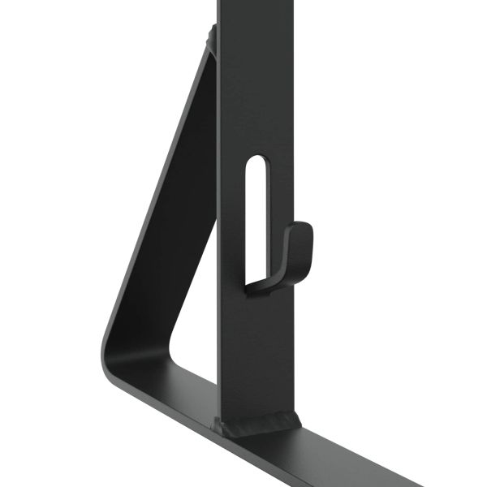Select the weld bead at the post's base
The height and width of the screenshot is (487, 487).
coord(256,423)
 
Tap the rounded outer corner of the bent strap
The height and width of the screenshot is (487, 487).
coord(110,341)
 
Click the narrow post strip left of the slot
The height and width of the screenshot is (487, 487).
coord(231,211)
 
